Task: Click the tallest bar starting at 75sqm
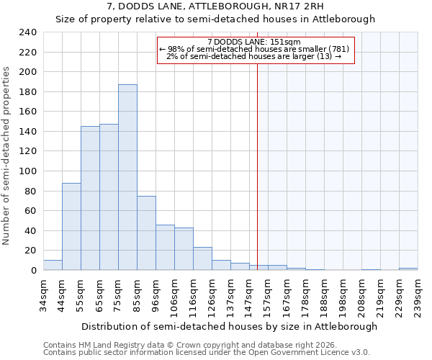(x=127, y=177)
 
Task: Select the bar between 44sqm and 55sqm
(x=71, y=226)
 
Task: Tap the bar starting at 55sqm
(x=90, y=198)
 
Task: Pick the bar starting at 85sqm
(x=146, y=233)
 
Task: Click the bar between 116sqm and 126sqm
(x=202, y=258)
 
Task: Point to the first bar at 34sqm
(x=53, y=265)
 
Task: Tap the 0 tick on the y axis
(x=32, y=271)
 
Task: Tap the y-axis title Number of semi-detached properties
(x=7, y=156)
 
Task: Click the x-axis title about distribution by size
(x=230, y=326)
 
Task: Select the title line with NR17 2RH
(x=215, y=6)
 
